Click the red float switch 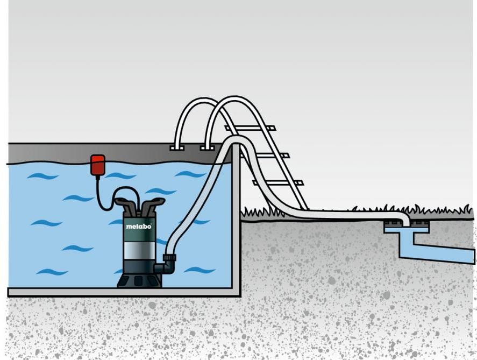tap(97, 164)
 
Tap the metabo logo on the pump tap(139, 227)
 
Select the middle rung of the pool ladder tap(265, 156)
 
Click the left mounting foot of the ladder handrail tap(175, 147)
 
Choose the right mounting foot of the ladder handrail tap(205, 147)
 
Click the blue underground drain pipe tap(441, 253)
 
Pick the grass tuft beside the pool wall tap(253, 213)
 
